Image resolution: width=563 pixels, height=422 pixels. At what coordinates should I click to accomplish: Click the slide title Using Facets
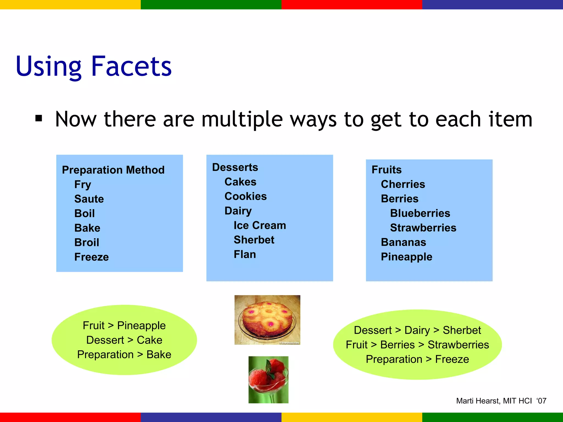tap(93, 66)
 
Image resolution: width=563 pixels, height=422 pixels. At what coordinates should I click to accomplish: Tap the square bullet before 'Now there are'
tap(39, 118)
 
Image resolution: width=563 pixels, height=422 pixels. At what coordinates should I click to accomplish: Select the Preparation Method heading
tap(113, 170)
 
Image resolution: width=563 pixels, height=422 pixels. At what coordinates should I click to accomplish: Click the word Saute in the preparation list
tap(89, 199)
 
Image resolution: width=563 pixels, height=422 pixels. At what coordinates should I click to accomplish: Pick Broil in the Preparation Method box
tap(87, 243)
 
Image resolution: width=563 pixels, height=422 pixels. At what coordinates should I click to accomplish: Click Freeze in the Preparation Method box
tap(92, 257)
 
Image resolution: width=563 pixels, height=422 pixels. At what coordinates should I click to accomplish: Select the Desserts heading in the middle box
tap(235, 167)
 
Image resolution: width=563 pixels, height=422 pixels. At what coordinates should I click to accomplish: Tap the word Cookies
tap(245, 196)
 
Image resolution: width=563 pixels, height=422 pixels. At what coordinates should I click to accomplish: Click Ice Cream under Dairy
tap(260, 225)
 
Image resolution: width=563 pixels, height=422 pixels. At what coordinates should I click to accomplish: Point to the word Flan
tap(245, 254)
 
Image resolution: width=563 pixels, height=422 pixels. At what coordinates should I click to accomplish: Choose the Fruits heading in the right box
tap(387, 170)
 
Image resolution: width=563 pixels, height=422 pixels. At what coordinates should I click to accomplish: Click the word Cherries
tap(403, 184)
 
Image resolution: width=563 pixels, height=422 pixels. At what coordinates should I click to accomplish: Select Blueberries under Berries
tap(420, 213)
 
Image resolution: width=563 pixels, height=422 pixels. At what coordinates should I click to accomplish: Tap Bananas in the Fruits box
tap(403, 242)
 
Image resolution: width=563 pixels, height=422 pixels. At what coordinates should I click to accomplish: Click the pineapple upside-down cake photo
tap(267, 320)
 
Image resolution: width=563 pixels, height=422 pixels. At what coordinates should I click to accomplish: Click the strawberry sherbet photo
tap(268, 380)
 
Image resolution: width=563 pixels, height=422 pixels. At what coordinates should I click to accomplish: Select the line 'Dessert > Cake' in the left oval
tap(124, 340)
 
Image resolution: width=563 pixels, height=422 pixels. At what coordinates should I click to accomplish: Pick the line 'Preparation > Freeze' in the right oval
tap(417, 359)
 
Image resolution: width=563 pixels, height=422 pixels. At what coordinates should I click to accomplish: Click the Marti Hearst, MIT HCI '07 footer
tap(501, 401)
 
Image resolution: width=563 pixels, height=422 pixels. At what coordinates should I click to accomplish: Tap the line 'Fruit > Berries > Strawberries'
tap(417, 345)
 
